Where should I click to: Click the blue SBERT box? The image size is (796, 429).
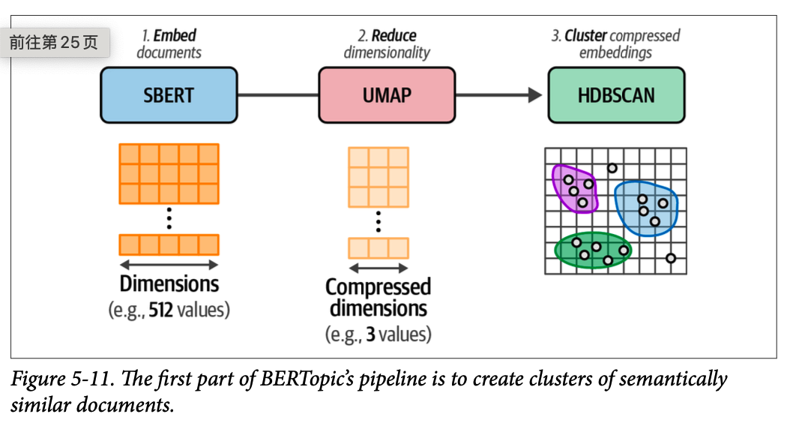(x=169, y=95)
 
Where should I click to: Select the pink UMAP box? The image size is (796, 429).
(x=386, y=95)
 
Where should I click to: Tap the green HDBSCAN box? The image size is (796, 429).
(x=616, y=95)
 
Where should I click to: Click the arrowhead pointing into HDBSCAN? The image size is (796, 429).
(x=534, y=95)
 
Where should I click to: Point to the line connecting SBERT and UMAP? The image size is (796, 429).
(x=277, y=95)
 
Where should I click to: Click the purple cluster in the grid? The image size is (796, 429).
(x=574, y=187)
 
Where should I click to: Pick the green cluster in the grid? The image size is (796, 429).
(x=593, y=250)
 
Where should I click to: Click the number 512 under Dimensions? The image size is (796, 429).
(x=161, y=310)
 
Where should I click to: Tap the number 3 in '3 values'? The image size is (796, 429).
(x=371, y=334)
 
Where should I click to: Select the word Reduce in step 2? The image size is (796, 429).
(x=394, y=35)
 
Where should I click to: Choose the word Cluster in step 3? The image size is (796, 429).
(x=585, y=35)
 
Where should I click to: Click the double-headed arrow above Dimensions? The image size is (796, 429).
(x=169, y=264)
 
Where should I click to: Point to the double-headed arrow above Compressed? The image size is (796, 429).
(x=379, y=268)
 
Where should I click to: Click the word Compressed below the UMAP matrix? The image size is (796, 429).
(x=379, y=287)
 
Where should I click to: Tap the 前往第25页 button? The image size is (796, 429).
(x=54, y=43)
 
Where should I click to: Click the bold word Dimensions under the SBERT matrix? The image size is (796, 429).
(x=169, y=284)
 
